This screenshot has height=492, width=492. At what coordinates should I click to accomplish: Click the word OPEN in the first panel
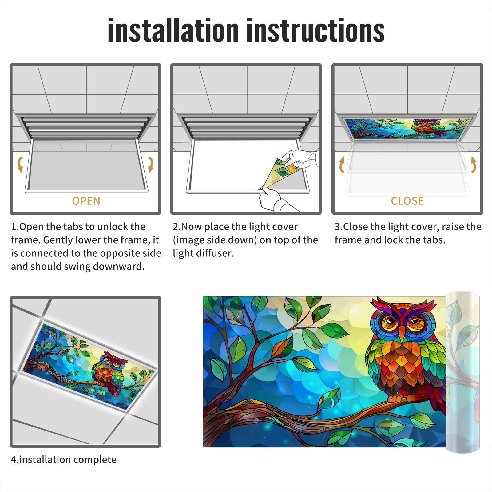(86, 201)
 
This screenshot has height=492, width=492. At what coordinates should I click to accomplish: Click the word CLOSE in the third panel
(407, 201)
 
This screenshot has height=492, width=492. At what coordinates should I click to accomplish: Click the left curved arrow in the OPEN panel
(20, 165)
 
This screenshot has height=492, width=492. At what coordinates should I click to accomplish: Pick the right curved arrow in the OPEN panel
(151, 165)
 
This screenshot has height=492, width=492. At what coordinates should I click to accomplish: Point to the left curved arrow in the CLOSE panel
(341, 165)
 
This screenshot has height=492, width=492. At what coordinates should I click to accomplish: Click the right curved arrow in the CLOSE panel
(474, 165)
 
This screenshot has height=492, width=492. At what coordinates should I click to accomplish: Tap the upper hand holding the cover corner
(300, 159)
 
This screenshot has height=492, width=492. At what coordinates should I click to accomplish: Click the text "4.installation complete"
(64, 460)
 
